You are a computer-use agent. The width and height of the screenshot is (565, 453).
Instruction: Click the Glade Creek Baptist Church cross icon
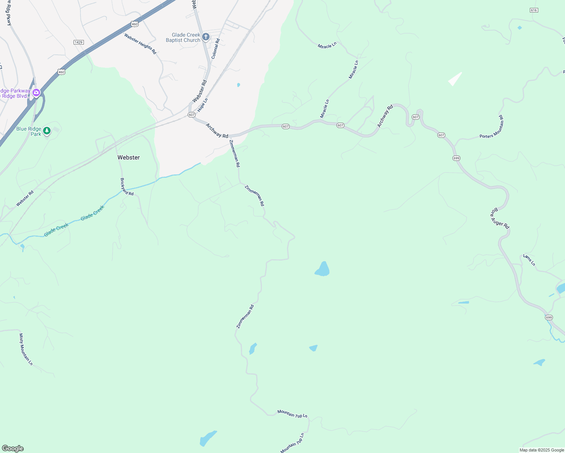pos(206,37)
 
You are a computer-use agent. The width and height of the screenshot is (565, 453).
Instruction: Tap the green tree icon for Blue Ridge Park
pos(47,131)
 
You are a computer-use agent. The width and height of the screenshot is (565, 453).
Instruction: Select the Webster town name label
pos(128,157)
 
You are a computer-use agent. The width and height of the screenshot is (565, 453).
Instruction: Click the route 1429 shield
pos(79,42)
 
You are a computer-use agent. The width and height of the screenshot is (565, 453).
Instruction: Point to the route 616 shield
pos(534,10)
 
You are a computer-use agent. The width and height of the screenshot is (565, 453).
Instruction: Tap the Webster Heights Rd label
pos(140,44)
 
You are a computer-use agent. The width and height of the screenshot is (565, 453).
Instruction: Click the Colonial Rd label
pos(216,49)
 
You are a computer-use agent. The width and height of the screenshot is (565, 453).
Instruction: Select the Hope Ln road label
pos(203,105)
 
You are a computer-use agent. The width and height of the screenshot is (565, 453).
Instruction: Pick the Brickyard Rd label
pos(127,186)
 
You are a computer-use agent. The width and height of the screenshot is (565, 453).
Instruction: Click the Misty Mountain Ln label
pos(26,349)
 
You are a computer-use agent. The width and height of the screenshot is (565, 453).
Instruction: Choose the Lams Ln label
pos(529,260)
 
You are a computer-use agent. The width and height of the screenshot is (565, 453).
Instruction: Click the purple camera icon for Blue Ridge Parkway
pos(36,92)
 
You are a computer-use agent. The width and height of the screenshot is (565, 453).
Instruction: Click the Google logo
pos(12,448)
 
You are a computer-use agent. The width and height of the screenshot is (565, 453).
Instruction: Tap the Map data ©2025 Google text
pos(541,450)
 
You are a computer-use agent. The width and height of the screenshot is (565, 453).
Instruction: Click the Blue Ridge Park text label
pos(29,131)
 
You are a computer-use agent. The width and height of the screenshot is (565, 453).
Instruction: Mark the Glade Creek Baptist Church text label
pos(183,37)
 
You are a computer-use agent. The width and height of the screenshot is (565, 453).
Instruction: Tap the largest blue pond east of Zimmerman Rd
pos(323,269)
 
